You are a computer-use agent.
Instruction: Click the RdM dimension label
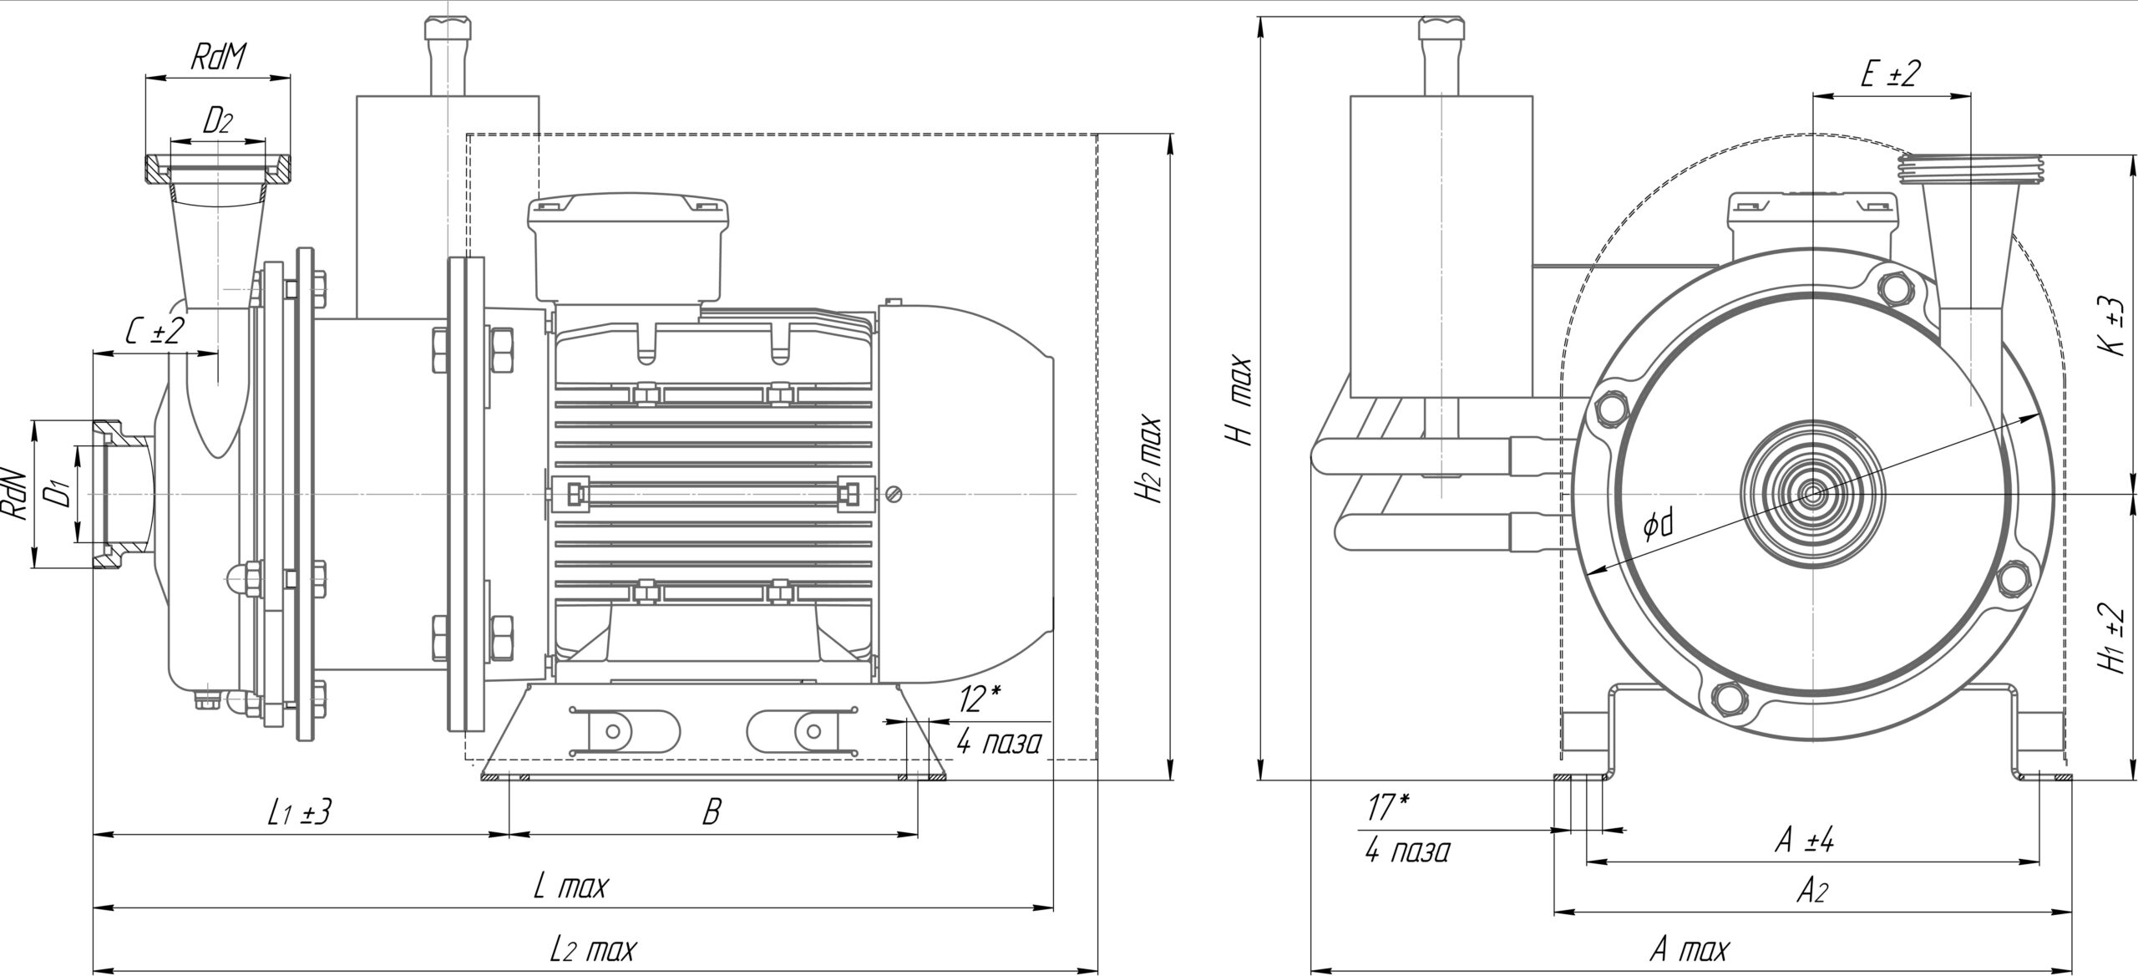click(x=220, y=58)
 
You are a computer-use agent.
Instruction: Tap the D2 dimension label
click(x=217, y=122)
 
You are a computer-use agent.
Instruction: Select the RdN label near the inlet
click(x=16, y=496)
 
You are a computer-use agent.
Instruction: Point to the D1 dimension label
click(x=57, y=495)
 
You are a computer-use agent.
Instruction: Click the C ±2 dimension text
click(x=154, y=332)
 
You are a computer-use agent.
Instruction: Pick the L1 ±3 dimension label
click(x=300, y=811)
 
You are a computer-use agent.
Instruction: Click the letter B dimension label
click(x=711, y=811)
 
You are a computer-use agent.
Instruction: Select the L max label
click(x=570, y=886)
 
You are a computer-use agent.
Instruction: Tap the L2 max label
click(x=593, y=949)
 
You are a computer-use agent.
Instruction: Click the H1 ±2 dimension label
click(x=2115, y=638)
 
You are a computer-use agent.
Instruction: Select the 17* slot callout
click(x=1388, y=807)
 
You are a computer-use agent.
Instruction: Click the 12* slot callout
click(x=980, y=699)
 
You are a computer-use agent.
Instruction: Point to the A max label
click(x=1689, y=950)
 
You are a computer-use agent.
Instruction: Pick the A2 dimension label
click(x=1811, y=892)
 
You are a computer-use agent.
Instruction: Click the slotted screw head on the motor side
click(x=895, y=495)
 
